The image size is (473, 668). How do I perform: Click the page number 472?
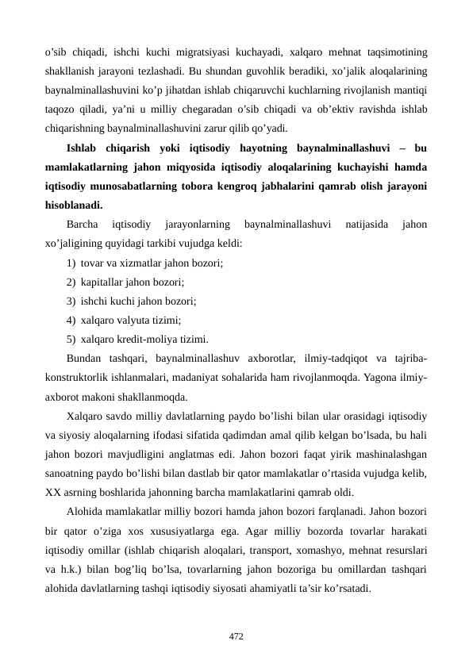coord(236,635)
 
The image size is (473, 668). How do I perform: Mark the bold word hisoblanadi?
coord(74,203)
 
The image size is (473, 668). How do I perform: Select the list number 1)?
coord(72,262)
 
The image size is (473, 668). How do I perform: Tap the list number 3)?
coord(72,300)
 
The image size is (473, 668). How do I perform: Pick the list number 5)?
coord(72,337)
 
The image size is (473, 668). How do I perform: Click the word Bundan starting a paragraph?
coord(85,356)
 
